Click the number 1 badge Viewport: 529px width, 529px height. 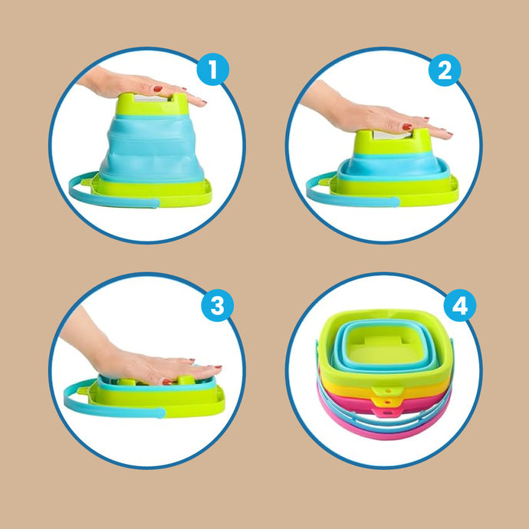pyautogui.click(x=213, y=70)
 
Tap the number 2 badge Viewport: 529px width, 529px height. pyautogui.click(x=445, y=71)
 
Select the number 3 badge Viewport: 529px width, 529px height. pyautogui.click(x=217, y=305)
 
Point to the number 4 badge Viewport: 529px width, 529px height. pyautogui.click(x=460, y=305)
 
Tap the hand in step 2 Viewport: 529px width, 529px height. pyautogui.click(x=374, y=115)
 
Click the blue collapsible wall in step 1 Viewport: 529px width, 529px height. pyautogui.click(x=152, y=149)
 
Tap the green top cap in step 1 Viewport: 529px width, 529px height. pyautogui.click(x=152, y=105)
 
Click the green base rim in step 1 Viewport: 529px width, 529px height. pyautogui.click(x=152, y=194)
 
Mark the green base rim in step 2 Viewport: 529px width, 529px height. pyautogui.click(x=395, y=193)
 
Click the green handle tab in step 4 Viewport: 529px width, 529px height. pyautogui.click(x=388, y=391)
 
